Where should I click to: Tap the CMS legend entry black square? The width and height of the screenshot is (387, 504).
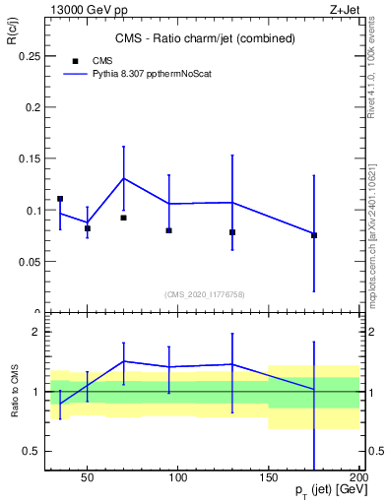[x=75, y=60]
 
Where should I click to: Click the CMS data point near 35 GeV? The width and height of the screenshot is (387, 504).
[x=60, y=199]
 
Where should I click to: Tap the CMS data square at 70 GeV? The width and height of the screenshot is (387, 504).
[x=123, y=218]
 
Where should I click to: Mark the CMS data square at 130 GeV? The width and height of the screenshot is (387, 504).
[x=232, y=232]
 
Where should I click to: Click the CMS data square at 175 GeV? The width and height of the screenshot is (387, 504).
[x=314, y=234]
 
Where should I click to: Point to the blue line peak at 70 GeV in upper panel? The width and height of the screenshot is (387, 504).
[x=123, y=178]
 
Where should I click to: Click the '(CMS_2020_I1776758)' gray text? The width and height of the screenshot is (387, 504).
[x=204, y=293]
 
